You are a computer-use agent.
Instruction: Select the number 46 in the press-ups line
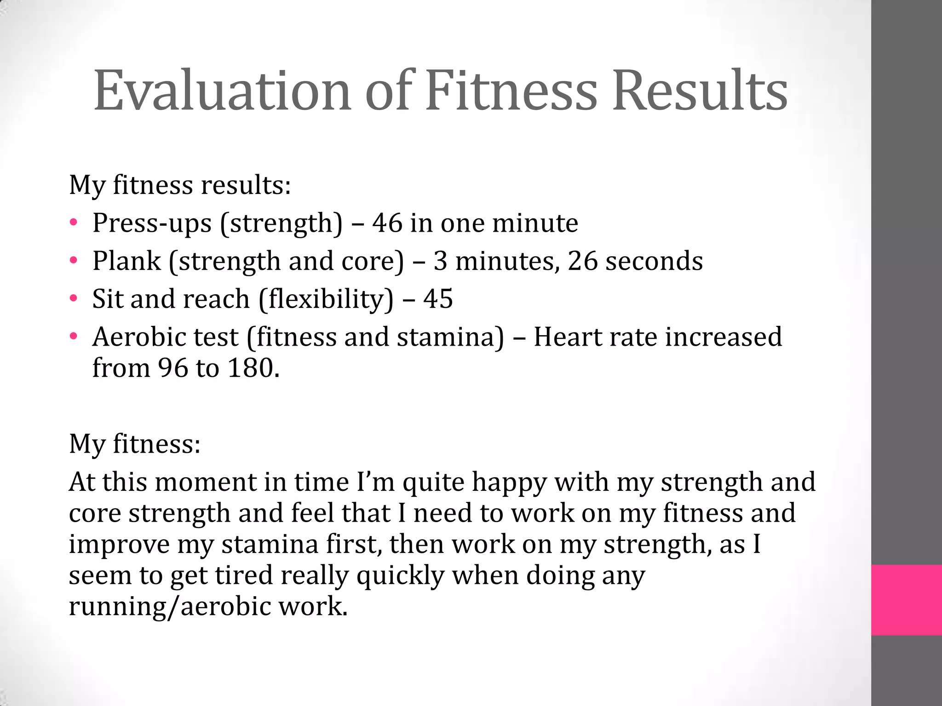coord(387,223)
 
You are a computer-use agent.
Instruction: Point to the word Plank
coord(126,261)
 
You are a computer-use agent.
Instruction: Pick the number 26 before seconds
coord(582,261)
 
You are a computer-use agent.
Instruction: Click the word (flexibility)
coord(326,300)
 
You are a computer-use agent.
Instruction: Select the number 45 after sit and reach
coord(438,299)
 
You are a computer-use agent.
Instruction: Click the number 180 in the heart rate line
coord(251,368)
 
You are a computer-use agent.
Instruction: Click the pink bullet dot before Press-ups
coord(74,223)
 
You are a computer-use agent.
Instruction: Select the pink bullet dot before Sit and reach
coord(74,299)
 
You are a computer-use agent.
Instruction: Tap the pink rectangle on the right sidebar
coord(906,600)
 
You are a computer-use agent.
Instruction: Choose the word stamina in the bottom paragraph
coord(270,545)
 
